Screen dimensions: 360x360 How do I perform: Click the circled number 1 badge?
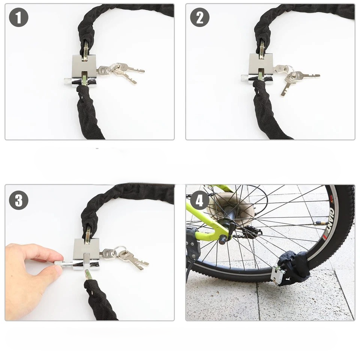pyautogui.click(x=19, y=18)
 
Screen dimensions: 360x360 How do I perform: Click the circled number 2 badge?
pyautogui.click(x=199, y=18)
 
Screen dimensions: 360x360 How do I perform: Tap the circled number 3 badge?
pyautogui.click(x=19, y=200)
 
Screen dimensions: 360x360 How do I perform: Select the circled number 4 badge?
pyautogui.click(x=199, y=200)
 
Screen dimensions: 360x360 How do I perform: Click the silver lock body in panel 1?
pyautogui.click(x=84, y=70)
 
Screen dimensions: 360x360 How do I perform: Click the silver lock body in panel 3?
pyautogui.click(x=86, y=254)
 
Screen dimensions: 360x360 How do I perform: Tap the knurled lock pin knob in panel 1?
pyautogui.click(x=68, y=81)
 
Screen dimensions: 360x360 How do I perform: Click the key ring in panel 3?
pyautogui.click(x=120, y=251)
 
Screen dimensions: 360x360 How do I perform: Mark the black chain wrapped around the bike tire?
pyautogui.click(x=295, y=266)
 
